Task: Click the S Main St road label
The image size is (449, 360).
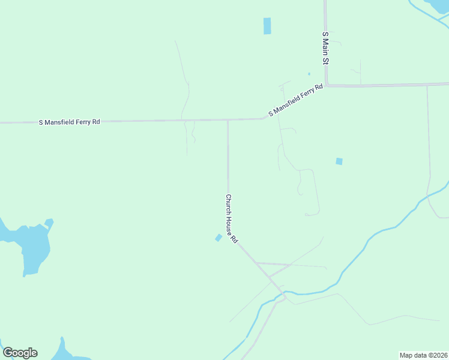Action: [325, 49]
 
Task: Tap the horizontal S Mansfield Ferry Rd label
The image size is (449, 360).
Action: [70, 122]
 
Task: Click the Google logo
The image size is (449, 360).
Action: [20, 353]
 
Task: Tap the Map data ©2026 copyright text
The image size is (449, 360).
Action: [424, 355]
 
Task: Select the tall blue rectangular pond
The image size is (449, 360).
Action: [267, 26]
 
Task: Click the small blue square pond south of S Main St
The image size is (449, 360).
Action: [339, 161]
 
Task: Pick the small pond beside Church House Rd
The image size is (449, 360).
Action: [218, 238]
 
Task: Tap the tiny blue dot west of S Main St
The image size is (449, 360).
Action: [309, 74]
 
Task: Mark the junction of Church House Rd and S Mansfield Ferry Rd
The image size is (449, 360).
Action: [228, 120]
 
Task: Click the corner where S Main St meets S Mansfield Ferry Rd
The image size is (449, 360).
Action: [326, 86]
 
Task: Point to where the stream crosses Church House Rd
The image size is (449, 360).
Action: [280, 295]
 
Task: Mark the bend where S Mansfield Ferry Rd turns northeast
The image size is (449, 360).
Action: [264, 118]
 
